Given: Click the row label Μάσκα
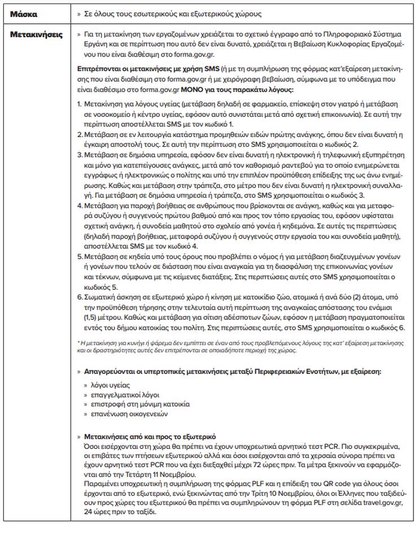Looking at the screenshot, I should click(x=23, y=12).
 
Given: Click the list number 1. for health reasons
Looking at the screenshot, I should click(x=79, y=105).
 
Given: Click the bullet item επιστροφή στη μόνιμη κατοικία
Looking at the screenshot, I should click(x=136, y=404).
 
